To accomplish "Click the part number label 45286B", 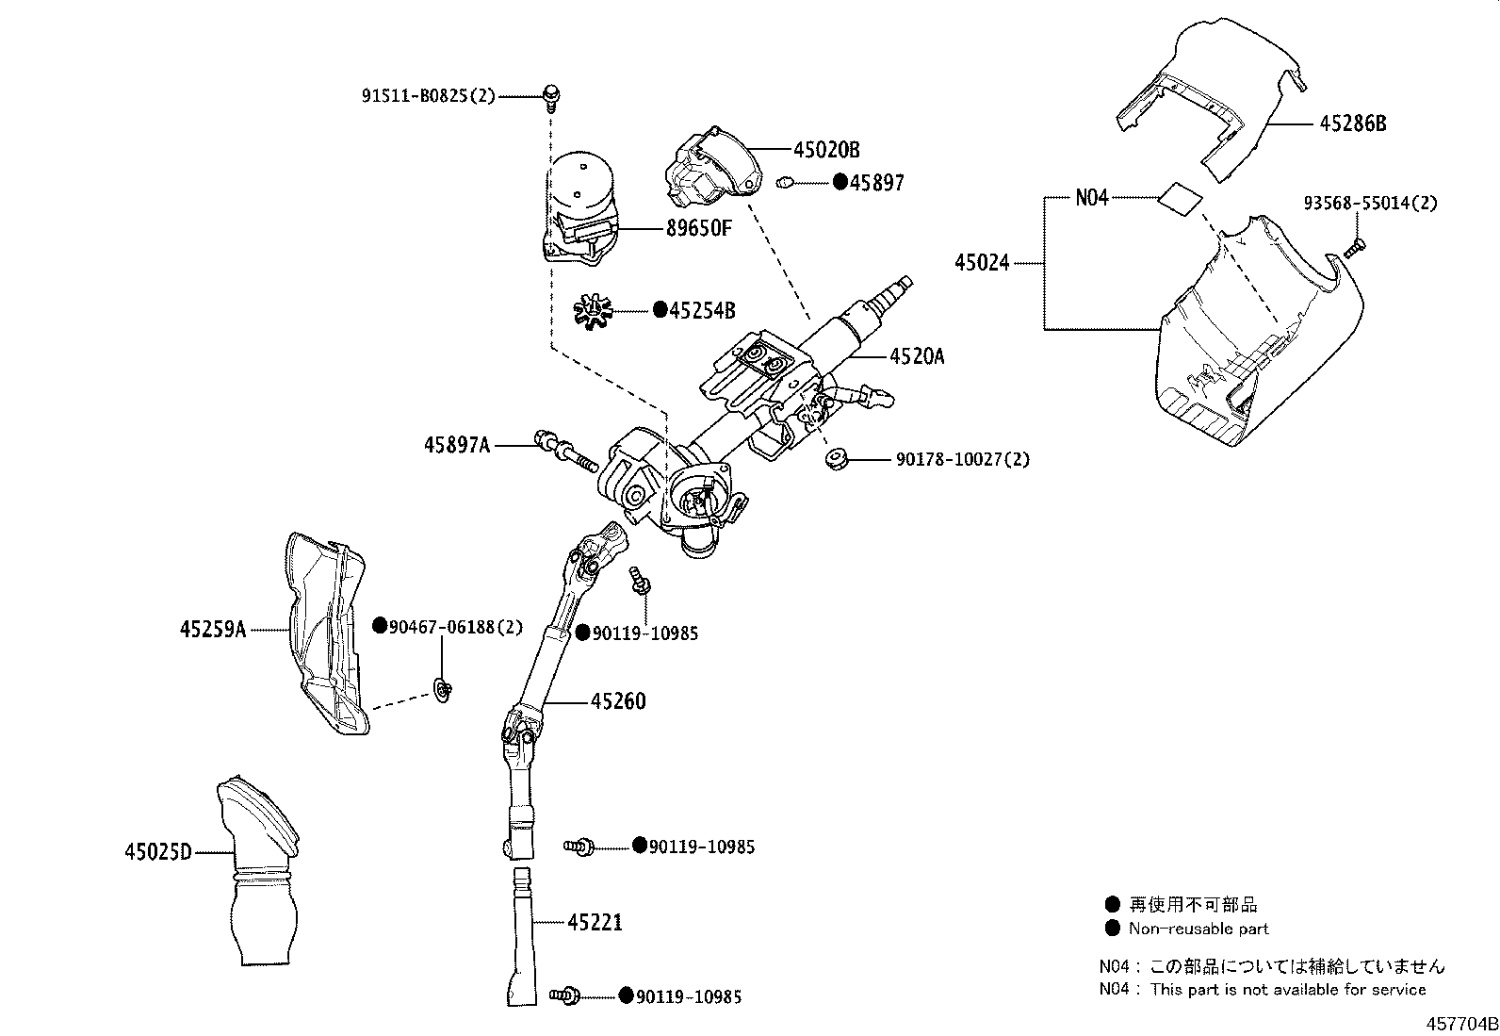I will click(1352, 124).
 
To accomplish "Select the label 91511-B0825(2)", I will click(428, 96).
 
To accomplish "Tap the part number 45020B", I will click(826, 150).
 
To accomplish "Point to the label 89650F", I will click(698, 228).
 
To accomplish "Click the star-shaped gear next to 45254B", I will click(593, 310).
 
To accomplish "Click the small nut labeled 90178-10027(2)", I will click(835, 460).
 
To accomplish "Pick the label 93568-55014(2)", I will click(1371, 203).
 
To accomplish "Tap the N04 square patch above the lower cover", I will click(1179, 199).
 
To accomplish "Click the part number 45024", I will click(982, 263).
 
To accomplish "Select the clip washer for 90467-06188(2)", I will click(442, 692).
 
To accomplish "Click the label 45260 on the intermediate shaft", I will click(618, 701).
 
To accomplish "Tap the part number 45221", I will click(595, 922).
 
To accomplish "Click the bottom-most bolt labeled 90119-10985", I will click(567, 995).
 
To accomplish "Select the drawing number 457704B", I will click(1460, 1024).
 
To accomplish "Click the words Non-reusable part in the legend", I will click(1198, 929).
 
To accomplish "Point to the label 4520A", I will click(916, 356).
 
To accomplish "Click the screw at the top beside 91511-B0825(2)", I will click(550, 94).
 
